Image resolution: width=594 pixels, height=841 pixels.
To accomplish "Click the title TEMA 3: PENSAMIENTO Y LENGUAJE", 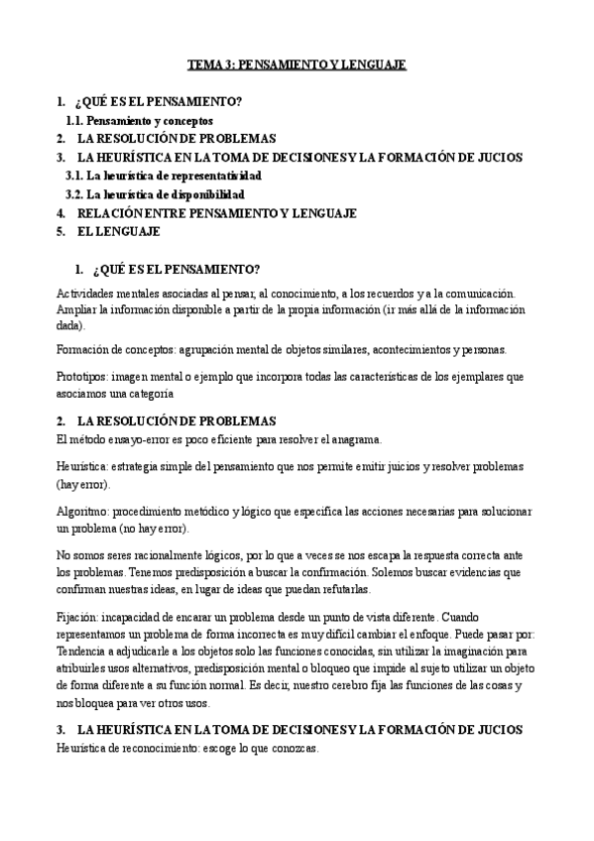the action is point(297,65).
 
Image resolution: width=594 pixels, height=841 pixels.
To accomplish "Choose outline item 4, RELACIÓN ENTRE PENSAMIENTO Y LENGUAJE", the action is point(216,213).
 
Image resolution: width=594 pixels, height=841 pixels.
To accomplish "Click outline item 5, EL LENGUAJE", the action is point(116,232).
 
